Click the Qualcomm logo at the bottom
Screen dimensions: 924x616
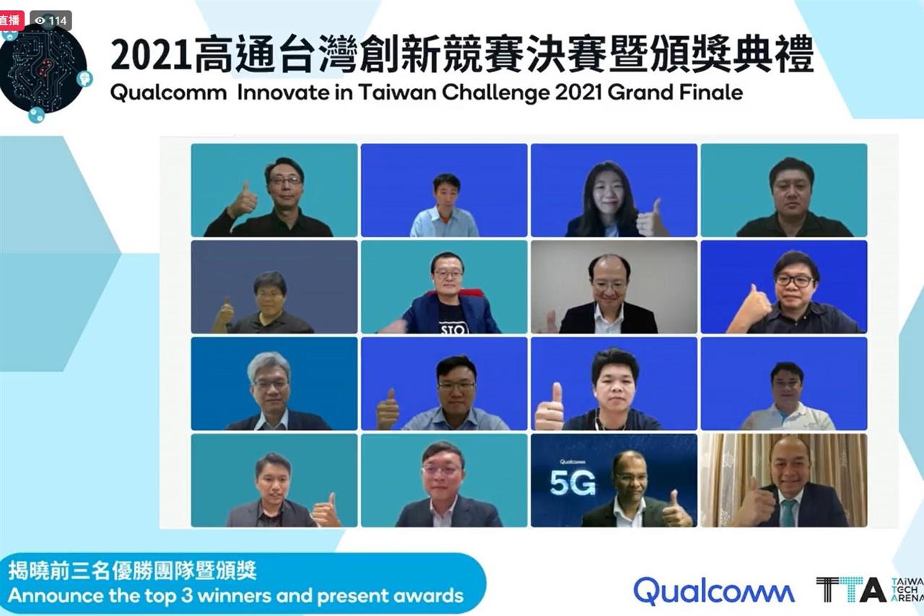click(714, 591)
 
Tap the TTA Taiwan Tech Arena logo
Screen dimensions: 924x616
click(870, 589)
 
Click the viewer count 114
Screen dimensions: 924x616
click(51, 21)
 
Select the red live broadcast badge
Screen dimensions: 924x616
click(10, 21)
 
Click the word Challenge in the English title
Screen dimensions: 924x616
click(496, 92)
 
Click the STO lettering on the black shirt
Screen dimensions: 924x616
click(453, 329)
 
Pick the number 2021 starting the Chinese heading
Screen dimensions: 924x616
click(151, 56)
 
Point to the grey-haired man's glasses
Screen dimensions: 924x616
click(271, 383)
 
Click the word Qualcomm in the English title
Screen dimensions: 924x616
click(168, 93)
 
